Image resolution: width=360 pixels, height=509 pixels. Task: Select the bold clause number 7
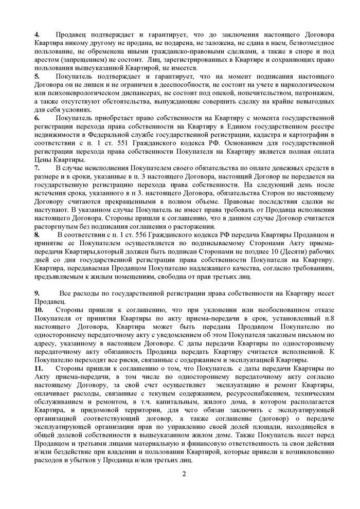coord(36,168)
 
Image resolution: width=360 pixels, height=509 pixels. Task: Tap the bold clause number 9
coord(36,293)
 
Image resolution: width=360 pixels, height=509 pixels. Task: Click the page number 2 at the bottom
coord(183,474)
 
